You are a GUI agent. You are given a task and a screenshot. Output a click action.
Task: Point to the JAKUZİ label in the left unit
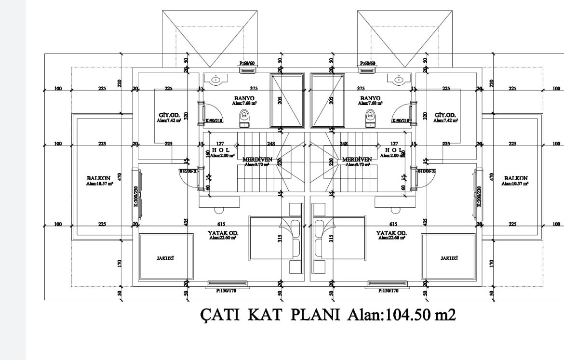(x=165, y=258)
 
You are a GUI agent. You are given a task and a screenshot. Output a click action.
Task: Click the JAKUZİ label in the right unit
(x=449, y=258)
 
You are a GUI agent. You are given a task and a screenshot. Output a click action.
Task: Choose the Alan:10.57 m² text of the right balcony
(x=516, y=183)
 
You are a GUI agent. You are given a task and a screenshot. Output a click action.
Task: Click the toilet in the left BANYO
(x=245, y=117)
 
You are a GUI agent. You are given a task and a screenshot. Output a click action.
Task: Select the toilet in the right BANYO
(x=370, y=117)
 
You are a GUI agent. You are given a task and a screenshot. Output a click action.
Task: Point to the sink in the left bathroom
(x=216, y=80)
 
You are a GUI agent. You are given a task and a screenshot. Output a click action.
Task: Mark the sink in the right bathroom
(x=399, y=80)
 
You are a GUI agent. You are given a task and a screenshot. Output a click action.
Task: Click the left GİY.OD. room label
(x=169, y=115)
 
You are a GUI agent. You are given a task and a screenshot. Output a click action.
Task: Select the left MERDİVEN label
(x=257, y=159)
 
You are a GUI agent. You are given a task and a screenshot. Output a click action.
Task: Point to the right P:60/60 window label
(x=368, y=63)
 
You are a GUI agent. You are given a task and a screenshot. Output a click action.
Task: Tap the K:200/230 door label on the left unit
(x=136, y=196)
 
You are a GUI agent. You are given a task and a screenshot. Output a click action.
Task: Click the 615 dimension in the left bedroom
(x=221, y=224)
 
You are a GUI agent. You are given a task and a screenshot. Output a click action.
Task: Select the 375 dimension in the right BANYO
(x=361, y=88)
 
